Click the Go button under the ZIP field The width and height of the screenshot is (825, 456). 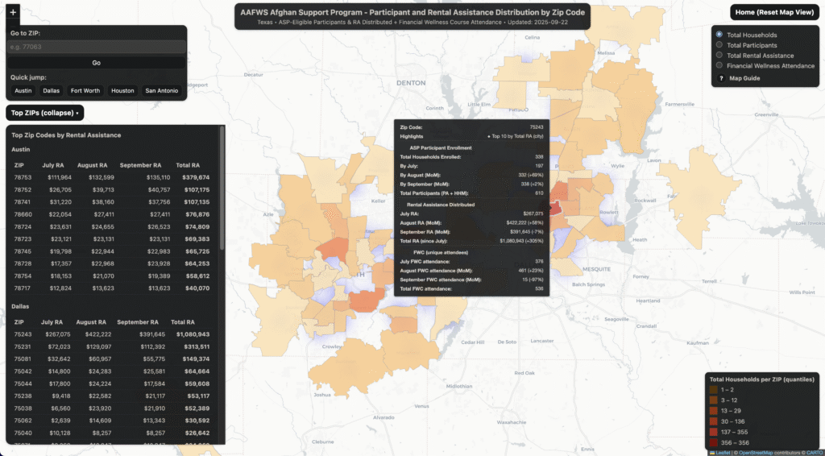click(x=96, y=62)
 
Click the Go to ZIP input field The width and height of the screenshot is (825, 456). click(x=96, y=47)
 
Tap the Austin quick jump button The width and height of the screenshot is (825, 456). click(x=23, y=91)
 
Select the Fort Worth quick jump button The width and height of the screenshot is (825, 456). click(x=85, y=91)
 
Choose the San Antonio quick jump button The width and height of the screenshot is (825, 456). click(x=162, y=91)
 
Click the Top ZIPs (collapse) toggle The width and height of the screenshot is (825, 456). click(x=44, y=114)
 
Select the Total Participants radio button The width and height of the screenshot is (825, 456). click(x=719, y=45)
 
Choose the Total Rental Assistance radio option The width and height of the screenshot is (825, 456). click(x=719, y=56)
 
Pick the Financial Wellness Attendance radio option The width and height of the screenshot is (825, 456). click(x=719, y=66)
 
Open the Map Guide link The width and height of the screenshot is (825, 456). click(x=744, y=78)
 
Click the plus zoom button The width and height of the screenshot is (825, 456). click(x=13, y=13)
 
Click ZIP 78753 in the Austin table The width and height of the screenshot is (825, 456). click(x=23, y=177)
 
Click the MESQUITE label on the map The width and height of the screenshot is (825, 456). click(x=597, y=268)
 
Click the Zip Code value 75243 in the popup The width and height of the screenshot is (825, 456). click(x=535, y=127)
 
